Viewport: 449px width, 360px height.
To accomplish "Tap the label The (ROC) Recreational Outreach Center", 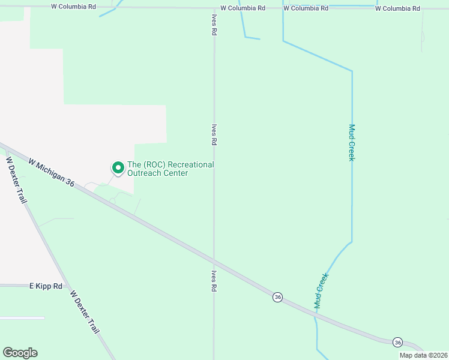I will [170, 169].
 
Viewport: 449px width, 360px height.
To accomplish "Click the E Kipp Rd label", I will [46, 287].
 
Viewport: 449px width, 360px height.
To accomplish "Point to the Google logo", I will [20, 353].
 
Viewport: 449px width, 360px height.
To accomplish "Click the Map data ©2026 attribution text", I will [423, 355].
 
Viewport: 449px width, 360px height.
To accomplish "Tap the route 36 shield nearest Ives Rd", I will [277, 297].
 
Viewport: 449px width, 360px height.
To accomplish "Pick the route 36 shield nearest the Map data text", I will [398, 342].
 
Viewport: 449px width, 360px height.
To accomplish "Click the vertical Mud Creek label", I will [352, 143].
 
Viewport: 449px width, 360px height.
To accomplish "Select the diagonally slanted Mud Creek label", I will [322, 291].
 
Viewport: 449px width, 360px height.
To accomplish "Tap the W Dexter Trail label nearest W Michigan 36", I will [16, 180].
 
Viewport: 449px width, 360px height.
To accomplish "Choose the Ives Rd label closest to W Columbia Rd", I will [214, 25].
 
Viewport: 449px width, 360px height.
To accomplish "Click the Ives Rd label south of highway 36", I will [214, 280].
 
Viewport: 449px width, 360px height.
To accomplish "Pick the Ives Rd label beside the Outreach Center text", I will [214, 135].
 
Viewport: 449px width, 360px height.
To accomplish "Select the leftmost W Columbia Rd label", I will [74, 7].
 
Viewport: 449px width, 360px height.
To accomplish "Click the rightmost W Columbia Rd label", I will [397, 8].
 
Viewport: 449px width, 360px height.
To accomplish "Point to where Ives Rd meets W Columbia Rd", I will [214, 8].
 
